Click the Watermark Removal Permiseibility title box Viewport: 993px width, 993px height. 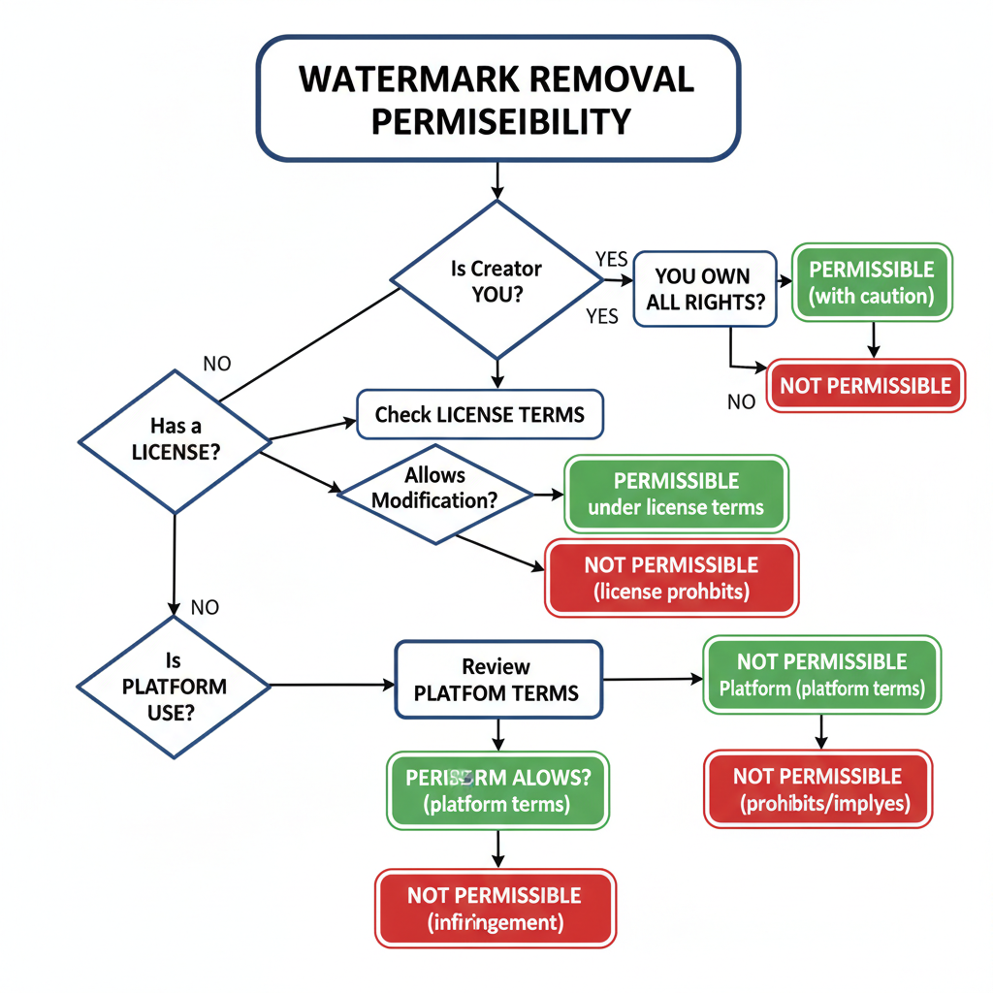(x=496, y=99)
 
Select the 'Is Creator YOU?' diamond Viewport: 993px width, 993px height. (x=496, y=280)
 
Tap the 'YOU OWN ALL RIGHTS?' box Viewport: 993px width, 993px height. (x=702, y=290)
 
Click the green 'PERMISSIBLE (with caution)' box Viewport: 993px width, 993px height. (x=872, y=282)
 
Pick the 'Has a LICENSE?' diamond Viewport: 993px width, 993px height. (x=174, y=439)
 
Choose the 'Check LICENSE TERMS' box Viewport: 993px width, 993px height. (x=480, y=415)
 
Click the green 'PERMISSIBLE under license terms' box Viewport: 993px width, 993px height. (x=675, y=494)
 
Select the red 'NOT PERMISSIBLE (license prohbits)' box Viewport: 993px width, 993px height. (x=671, y=577)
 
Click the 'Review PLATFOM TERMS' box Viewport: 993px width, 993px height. (x=497, y=680)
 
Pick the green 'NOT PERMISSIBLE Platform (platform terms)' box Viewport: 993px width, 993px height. (x=821, y=675)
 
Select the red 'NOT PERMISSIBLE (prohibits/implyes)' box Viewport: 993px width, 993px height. (x=817, y=789)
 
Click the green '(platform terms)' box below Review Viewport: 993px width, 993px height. (x=497, y=790)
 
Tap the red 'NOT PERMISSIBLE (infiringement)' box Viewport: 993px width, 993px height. (x=496, y=908)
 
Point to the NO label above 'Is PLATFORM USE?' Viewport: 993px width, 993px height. (x=205, y=608)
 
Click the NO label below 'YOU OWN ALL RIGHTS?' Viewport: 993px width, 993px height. (x=741, y=401)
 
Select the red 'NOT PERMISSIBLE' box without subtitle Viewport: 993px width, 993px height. (x=865, y=386)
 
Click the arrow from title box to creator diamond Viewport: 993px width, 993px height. (x=496, y=180)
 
